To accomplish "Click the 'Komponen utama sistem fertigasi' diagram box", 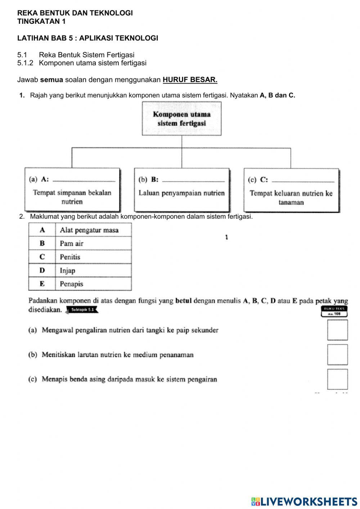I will [x=181, y=119].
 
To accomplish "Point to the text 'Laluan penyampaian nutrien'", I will [x=181, y=193].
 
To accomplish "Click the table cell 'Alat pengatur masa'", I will [x=93, y=230].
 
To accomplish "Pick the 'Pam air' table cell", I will [x=93, y=244].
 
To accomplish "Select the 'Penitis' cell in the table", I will [x=93, y=257].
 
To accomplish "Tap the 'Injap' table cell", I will [x=93, y=271].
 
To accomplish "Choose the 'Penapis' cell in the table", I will [x=93, y=284].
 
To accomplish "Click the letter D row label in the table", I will [x=42, y=271].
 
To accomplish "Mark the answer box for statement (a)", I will [x=337, y=330].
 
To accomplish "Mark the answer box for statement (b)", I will [x=337, y=354].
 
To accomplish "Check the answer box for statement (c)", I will [x=337, y=379].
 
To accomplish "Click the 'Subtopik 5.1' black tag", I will [x=82, y=310].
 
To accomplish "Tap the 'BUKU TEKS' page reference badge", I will [x=334, y=311].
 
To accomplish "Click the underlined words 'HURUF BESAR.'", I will [x=190, y=80].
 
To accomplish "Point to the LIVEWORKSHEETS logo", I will [x=304, y=501].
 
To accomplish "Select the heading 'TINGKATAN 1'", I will [x=41, y=21].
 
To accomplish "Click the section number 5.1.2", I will [x=25, y=63].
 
